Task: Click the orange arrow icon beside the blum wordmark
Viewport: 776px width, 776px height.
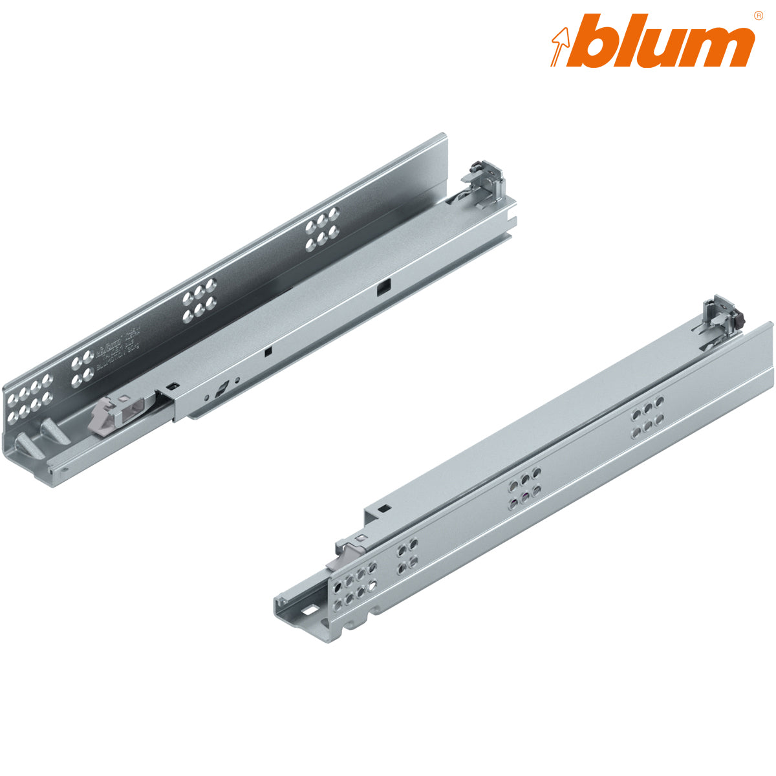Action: click(x=560, y=43)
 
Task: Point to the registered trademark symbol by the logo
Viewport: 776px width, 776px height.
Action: click(x=758, y=15)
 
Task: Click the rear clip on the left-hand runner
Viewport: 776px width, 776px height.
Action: click(x=484, y=182)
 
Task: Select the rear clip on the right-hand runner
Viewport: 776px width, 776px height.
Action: click(x=722, y=316)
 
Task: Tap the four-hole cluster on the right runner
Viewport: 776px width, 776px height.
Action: click(x=407, y=557)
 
